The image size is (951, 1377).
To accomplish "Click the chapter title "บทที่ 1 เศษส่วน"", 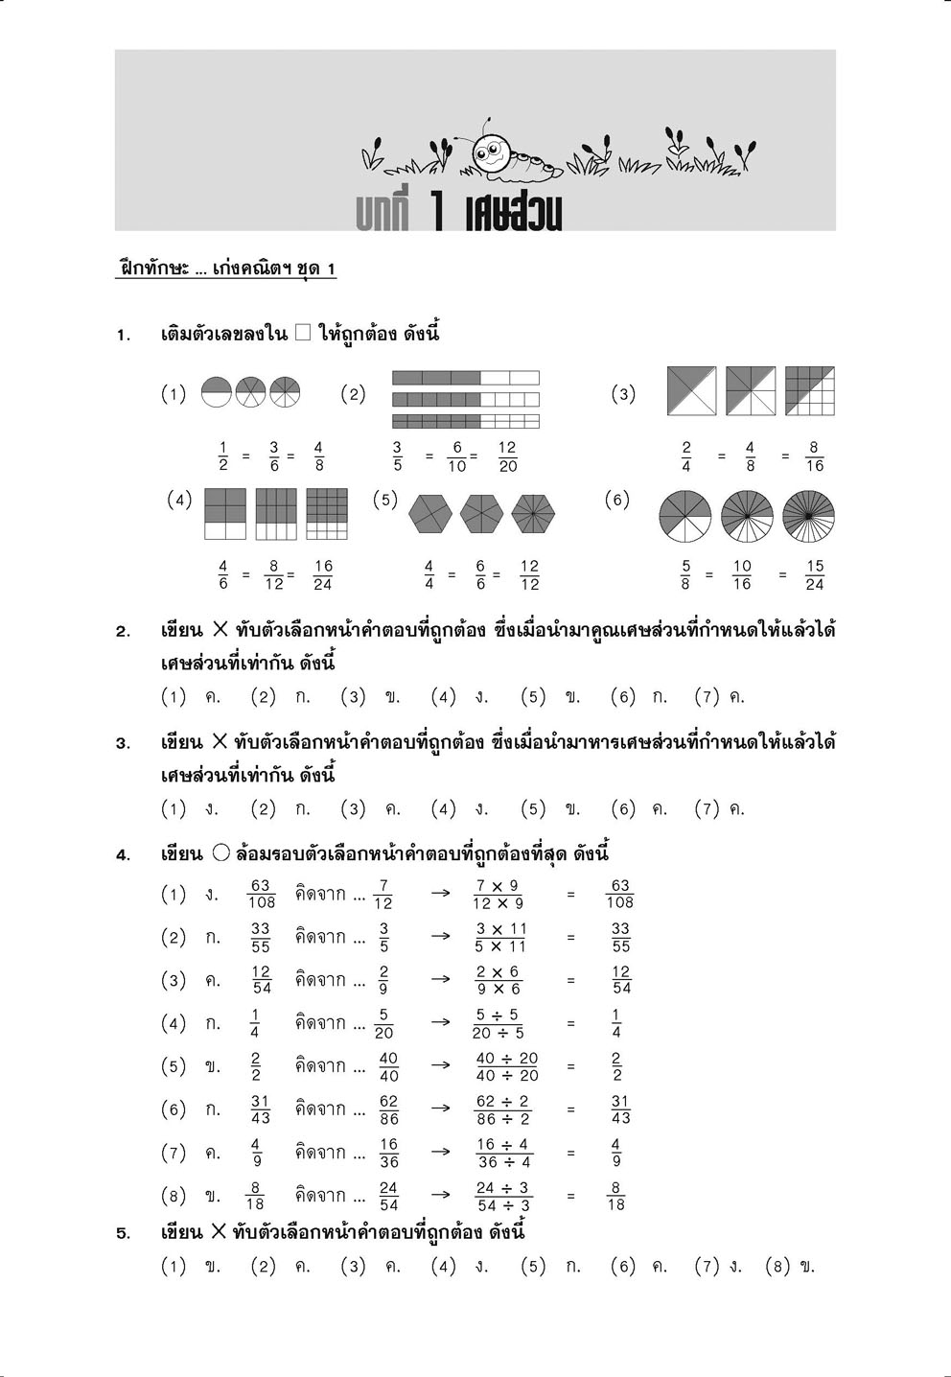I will pos(458,213).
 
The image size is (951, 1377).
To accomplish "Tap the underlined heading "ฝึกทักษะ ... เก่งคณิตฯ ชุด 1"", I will pos(226,269).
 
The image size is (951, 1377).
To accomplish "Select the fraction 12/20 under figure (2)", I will pos(507,456).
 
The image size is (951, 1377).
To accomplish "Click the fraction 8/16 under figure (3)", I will pos(814,456).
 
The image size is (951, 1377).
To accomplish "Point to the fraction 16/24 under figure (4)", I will pos(322,575).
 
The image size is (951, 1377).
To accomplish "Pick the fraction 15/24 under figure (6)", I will pos(814,575).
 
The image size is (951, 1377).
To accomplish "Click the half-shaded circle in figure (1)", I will pos(217,392).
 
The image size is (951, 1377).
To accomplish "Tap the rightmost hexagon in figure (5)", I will pos(533,514).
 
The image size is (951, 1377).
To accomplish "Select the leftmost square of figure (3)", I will pos(691,391).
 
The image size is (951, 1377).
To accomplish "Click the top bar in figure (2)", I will pos(466,378).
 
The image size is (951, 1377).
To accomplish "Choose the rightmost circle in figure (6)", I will pos(808,515).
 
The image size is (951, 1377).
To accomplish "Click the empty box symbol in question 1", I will pos(302,334).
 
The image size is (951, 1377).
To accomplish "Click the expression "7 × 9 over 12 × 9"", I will pos(499,895).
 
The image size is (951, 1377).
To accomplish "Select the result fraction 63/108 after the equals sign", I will pos(619,894).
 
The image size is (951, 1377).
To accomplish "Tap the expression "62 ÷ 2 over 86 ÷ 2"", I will pos(503,1109).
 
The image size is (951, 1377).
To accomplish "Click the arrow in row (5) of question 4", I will pos(440,1065).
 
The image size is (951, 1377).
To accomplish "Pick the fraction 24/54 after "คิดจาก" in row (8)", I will pos(388,1196).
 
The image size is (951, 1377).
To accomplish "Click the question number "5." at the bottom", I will pos(124,1234).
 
